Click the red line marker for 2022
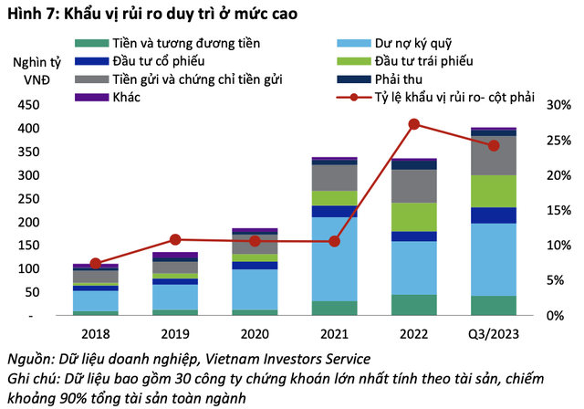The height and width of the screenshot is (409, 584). click(x=414, y=124)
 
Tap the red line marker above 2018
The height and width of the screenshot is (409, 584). click(x=96, y=263)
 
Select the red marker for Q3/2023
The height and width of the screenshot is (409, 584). click(x=494, y=145)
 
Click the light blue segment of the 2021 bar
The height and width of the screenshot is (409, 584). click(x=334, y=258)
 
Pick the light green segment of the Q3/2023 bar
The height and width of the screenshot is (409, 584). click(x=494, y=191)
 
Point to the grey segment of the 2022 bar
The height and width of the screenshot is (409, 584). click(x=414, y=185)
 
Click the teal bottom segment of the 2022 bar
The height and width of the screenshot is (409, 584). click(x=414, y=304)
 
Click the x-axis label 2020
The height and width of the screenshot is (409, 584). click(x=255, y=333)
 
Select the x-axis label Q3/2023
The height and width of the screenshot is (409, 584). click(x=494, y=333)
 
